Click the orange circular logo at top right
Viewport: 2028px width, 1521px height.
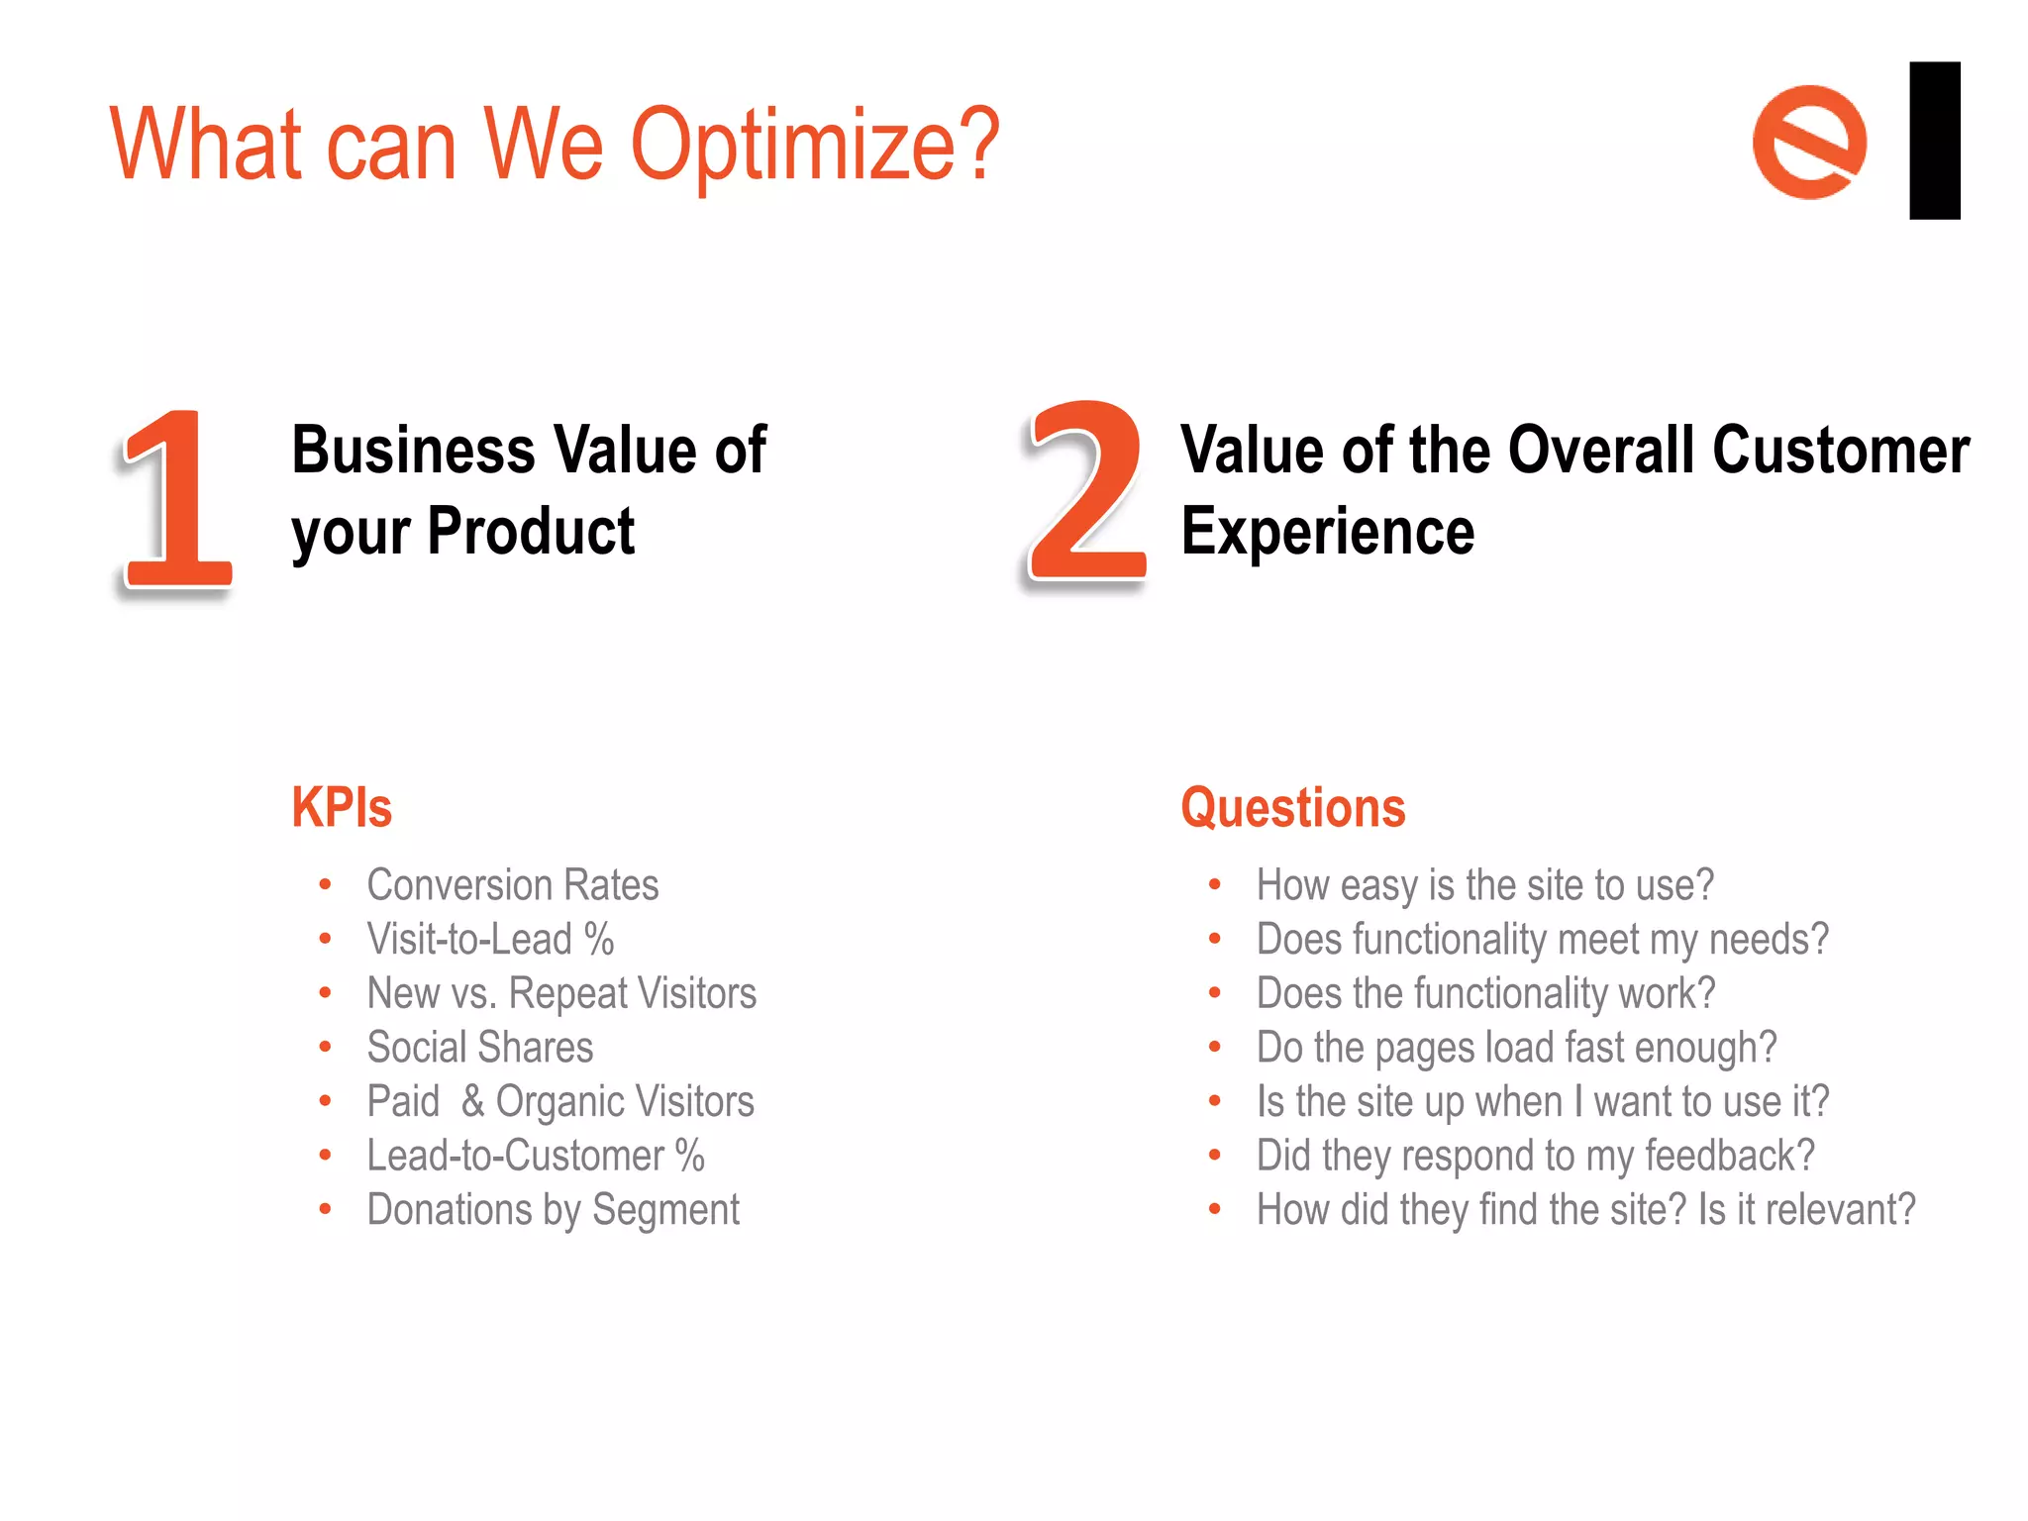[x=1809, y=142]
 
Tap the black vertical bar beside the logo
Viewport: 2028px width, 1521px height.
[x=1934, y=140]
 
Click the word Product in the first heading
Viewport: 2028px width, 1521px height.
[x=531, y=532]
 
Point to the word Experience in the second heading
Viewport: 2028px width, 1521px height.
[x=1327, y=532]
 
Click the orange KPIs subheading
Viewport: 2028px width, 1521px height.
[x=342, y=807]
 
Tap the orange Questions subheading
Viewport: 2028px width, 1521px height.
[x=1292, y=807]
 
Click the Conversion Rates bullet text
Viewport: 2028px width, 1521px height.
[x=512, y=884]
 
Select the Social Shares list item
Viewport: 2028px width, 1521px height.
[x=479, y=1047]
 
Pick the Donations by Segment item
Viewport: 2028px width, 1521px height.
[x=553, y=1210]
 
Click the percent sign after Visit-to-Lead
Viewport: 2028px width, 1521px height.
[x=599, y=939]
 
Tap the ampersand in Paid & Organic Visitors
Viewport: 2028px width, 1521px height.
[x=472, y=1101]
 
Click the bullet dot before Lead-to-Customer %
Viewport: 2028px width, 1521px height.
[x=325, y=1155]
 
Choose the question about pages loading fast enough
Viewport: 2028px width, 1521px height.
[x=1516, y=1048]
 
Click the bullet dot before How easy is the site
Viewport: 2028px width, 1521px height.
[x=1214, y=884]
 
